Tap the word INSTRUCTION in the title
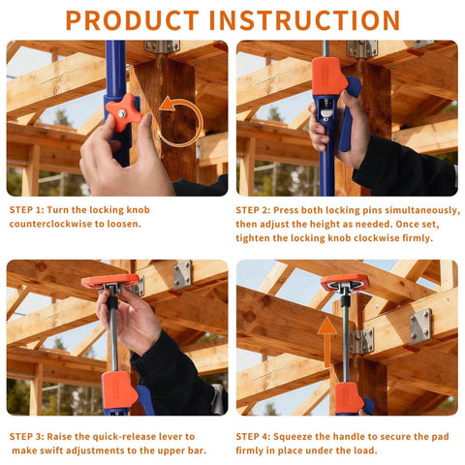tap(309, 19)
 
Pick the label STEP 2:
tap(262, 209)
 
